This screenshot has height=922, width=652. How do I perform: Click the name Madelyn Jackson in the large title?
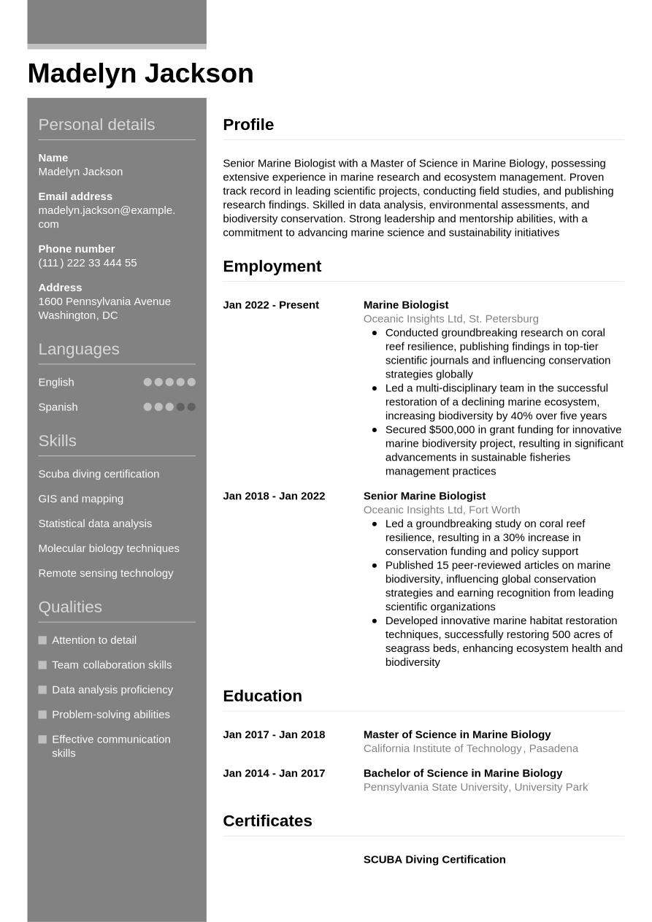(x=140, y=74)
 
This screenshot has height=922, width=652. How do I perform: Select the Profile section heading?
(x=248, y=125)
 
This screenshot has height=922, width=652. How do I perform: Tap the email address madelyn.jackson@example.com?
(x=107, y=217)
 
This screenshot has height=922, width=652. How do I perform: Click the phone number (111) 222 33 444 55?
(x=88, y=263)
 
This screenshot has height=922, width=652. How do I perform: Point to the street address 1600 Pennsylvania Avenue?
(x=104, y=301)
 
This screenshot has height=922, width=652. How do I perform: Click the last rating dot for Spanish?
(x=191, y=407)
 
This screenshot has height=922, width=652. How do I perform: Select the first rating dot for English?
(x=147, y=383)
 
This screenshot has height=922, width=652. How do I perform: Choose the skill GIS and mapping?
(x=81, y=499)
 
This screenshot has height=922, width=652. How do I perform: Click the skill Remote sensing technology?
(x=106, y=573)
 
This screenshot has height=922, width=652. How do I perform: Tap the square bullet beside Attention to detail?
(x=42, y=640)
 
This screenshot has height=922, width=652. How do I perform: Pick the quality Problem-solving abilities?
(x=111, y=715)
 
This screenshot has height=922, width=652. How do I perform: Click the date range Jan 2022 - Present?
(x=271, y=305)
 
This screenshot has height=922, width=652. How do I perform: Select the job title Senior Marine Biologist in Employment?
(x=424, y=496)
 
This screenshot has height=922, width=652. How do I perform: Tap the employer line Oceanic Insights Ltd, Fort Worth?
(x=442, y=510)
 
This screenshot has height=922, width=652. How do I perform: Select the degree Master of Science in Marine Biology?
(x=457, y=734)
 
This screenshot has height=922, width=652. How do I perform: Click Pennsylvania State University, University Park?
(x=475, y=787)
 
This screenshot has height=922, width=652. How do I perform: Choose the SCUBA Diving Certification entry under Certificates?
(x=434, y=859)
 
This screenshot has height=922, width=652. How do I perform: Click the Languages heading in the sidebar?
(x=79, y=349)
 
